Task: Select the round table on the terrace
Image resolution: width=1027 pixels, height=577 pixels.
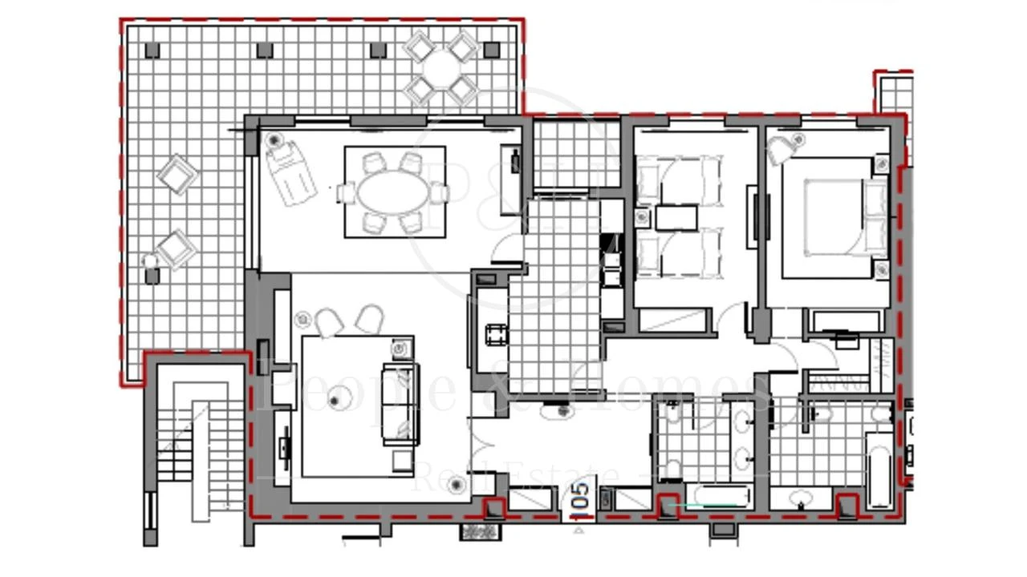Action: tap(441, 67)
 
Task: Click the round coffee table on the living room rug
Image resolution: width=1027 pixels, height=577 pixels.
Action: tap(335, 398)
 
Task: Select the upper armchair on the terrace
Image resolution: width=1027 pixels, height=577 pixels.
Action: tap(177, 174)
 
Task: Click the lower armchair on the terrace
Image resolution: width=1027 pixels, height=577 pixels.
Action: tap(177, 249)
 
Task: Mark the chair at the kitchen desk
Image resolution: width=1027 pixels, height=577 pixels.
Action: tap(496, 333)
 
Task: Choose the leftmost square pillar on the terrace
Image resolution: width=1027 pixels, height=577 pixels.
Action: tap(152, 50)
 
